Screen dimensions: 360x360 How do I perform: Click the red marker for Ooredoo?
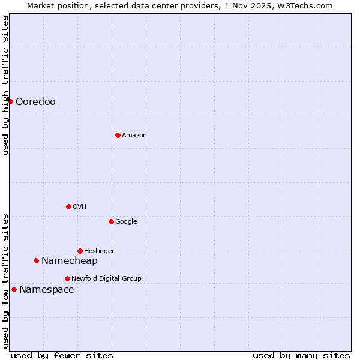pyautogui.click(x=10, y=101)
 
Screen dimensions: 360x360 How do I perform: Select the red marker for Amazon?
pyautogui.click(x=118, y=135)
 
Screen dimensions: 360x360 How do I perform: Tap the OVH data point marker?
pyautogui.click(x=68, y=206)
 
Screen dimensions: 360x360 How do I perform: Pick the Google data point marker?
pyautogui.click(x=111, y=221)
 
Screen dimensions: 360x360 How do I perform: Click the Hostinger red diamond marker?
pyautogui.click(x=80, y=251)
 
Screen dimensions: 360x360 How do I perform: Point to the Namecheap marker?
pyautogui.click(x=36, y=260)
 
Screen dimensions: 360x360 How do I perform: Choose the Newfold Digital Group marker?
pyautogui.click(x=67, y=278)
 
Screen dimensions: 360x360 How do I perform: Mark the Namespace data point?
pyautogui.click(x=14, y=289)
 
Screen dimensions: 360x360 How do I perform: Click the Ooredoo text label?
pyautogui.click(x=35, y=102)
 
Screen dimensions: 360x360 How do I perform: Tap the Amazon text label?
pyautogui.click(x=134, y=136)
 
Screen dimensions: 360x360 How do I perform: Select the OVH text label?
pyautogui.click(x=80, y=207)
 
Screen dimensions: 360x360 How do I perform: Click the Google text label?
pyautogui.click(x=126, y=222)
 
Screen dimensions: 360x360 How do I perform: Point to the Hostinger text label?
pyautogui.click(x=99, y=251)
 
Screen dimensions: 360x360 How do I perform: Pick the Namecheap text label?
pyautogui.click(x=69, y=261)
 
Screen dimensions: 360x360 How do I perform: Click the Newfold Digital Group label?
pyautogui.click(x=106, y=279)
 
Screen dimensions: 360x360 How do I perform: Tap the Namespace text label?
pyautogui.click(x=47, y=290)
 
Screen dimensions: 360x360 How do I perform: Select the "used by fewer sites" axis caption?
pyautogui.click(x=62, y=355)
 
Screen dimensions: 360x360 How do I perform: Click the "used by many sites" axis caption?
pyautogui.click(x=301, y=355)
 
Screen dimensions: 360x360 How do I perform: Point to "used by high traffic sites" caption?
pyautogui.click(x=6, y=85)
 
